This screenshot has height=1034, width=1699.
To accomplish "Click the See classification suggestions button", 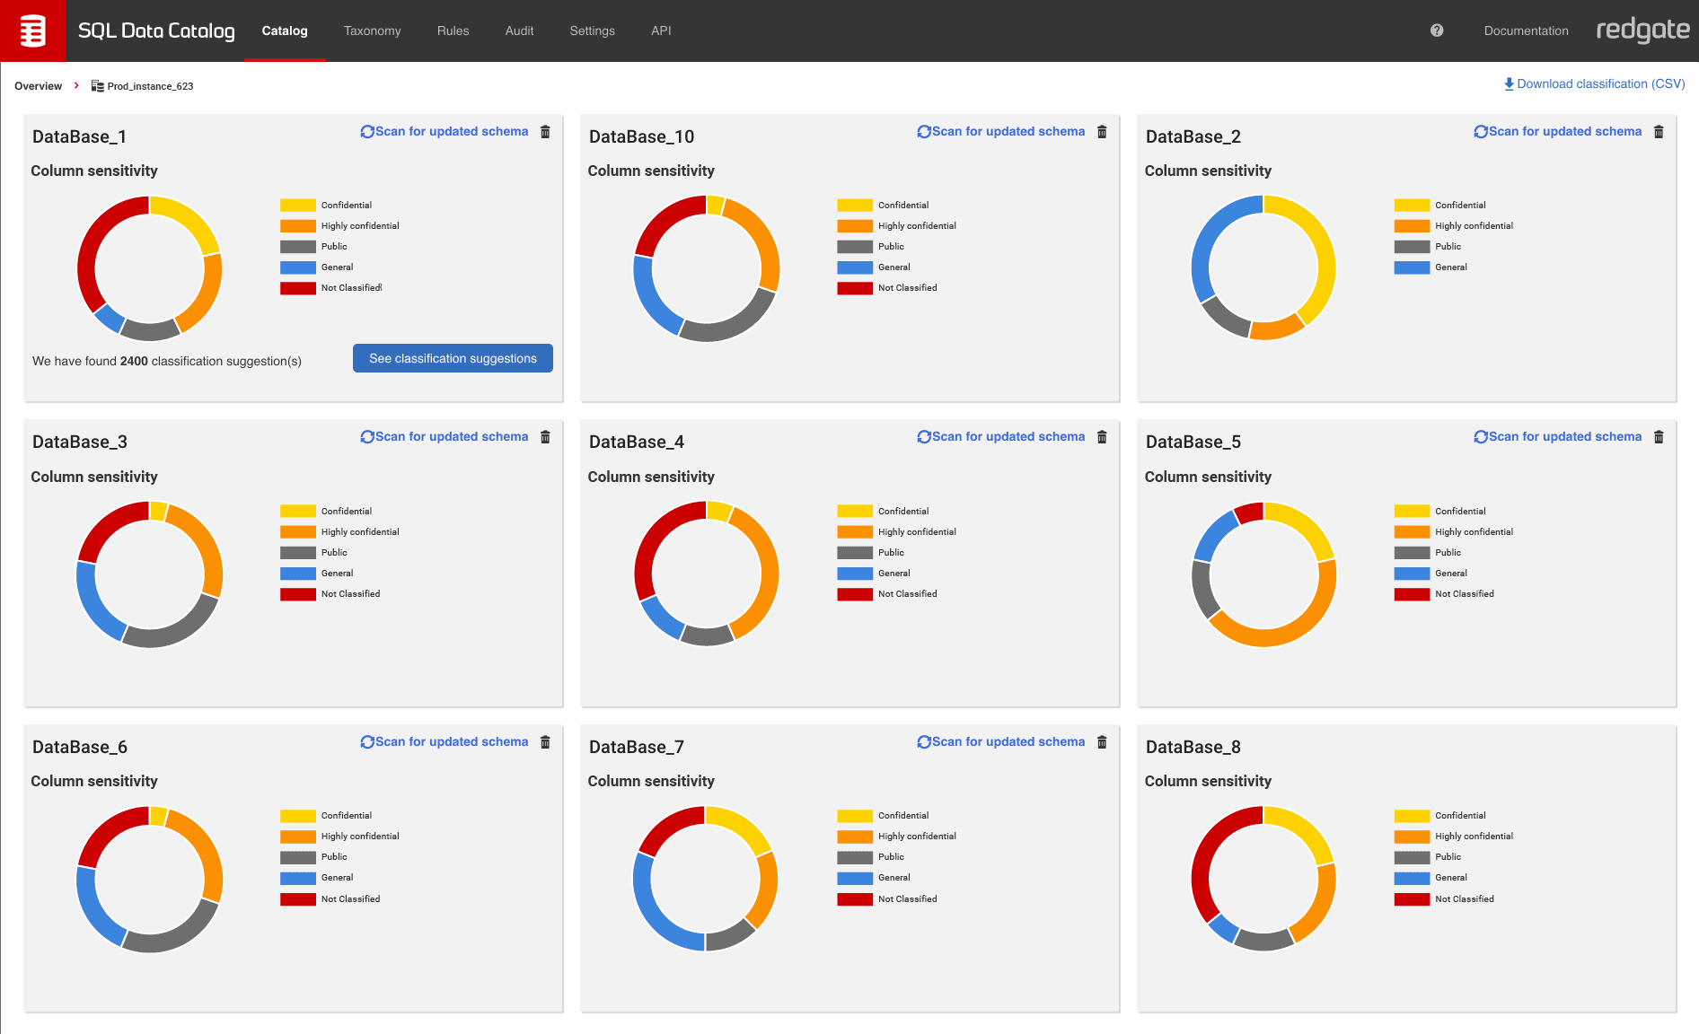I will point(453,358).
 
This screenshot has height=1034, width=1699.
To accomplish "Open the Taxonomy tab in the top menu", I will point(372,31).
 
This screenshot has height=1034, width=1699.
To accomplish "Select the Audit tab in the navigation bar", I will point(519,31).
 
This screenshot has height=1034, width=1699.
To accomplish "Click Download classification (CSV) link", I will point(1595,83).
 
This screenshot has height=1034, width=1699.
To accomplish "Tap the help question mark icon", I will point(1437,31).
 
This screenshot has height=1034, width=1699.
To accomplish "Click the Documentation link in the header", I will point(1526,31).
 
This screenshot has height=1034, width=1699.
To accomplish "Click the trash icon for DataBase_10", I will point(1102,132).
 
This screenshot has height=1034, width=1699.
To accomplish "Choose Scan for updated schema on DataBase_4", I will point(1000,437).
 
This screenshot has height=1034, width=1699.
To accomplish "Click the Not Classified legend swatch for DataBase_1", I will point(297,288).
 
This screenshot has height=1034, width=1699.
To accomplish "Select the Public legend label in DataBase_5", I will point(1448,553).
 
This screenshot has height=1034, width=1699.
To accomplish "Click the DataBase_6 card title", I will point(80,747).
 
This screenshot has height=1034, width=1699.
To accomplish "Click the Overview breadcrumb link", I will point(38,86).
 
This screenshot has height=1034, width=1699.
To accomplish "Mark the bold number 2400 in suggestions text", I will point(134,361).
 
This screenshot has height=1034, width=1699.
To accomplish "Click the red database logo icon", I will point(32,31).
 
